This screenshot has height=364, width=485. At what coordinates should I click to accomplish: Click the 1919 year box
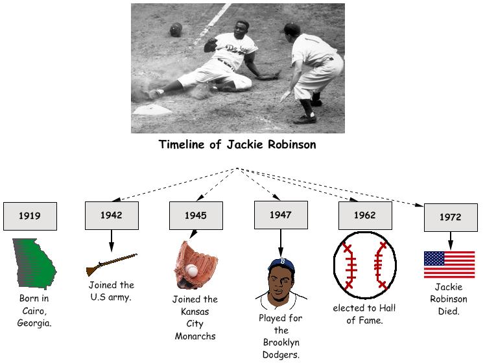(30, 216)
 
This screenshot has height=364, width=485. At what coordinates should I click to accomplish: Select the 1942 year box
(112, 215)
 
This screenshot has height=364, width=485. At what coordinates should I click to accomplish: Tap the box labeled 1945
(195, 216)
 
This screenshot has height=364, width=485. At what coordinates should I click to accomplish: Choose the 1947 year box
(280, 215)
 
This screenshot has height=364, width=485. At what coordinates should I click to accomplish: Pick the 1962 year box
(364, 215)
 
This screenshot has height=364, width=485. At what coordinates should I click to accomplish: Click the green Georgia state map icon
(34, 262)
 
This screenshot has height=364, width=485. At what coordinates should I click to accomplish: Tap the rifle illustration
(112, 265)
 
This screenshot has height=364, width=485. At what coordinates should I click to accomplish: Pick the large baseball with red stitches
(364, 265)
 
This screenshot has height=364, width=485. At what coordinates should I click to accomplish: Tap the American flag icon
(449, 265)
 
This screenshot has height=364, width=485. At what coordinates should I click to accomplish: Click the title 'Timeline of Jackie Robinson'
(237, 144)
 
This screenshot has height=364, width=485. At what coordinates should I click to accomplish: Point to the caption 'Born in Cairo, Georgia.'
(34, 310)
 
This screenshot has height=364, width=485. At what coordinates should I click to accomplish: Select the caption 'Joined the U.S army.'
(112, 291)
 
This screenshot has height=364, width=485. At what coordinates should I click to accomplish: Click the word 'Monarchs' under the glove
(195, 336)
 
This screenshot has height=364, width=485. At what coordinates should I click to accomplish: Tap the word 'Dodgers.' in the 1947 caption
(280, 354)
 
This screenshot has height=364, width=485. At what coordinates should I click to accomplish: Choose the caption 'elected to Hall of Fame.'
(364, 313)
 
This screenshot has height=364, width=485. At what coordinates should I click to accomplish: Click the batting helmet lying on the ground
(176, 29)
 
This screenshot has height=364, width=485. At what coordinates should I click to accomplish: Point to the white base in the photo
(152, 110)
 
